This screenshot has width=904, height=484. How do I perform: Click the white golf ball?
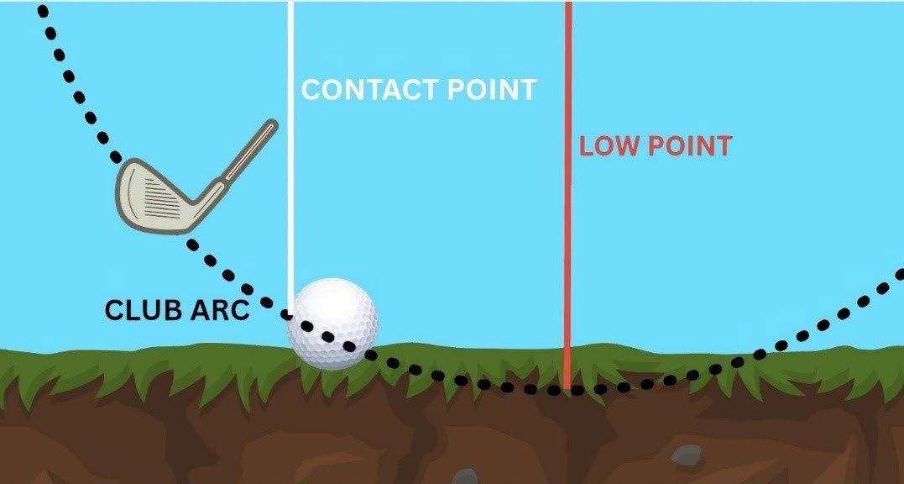332,324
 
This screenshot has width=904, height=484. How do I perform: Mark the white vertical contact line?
290,168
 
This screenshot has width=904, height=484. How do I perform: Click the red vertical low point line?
568,210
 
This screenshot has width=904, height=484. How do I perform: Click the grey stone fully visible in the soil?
686,455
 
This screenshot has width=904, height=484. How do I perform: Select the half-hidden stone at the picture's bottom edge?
464,477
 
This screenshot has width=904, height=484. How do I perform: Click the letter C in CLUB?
115,311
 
